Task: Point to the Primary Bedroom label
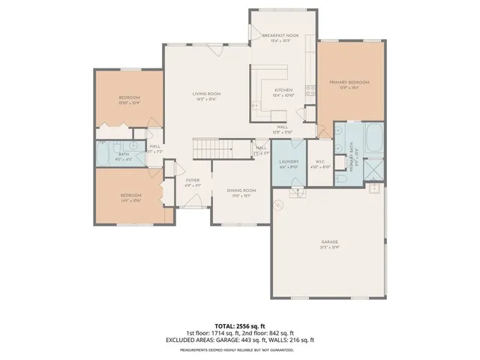349,84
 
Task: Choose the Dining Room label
241,193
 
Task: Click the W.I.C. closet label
319,164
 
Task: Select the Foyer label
193,182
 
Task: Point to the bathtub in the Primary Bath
373,138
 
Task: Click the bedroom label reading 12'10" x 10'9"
130,100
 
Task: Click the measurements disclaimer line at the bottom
239,349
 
